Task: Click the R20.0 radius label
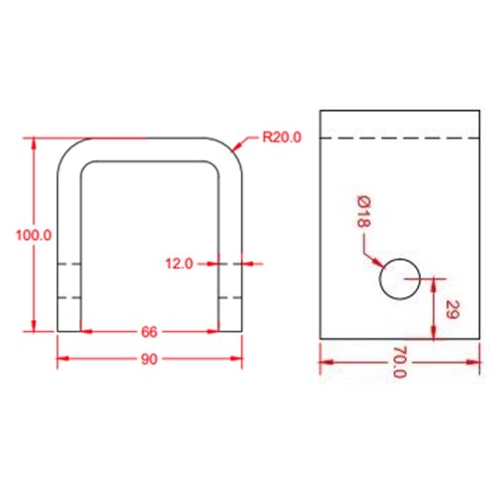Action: point(282,137)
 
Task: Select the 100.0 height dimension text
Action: point(34,235)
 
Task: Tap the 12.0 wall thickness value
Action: point(179,264)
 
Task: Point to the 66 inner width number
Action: point(149,332)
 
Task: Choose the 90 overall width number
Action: point(149,359)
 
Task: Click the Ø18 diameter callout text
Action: point(364,211)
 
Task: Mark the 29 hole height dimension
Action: point(452,309)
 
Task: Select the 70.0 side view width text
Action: point(400,363)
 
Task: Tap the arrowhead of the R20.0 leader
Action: point(236,146)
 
